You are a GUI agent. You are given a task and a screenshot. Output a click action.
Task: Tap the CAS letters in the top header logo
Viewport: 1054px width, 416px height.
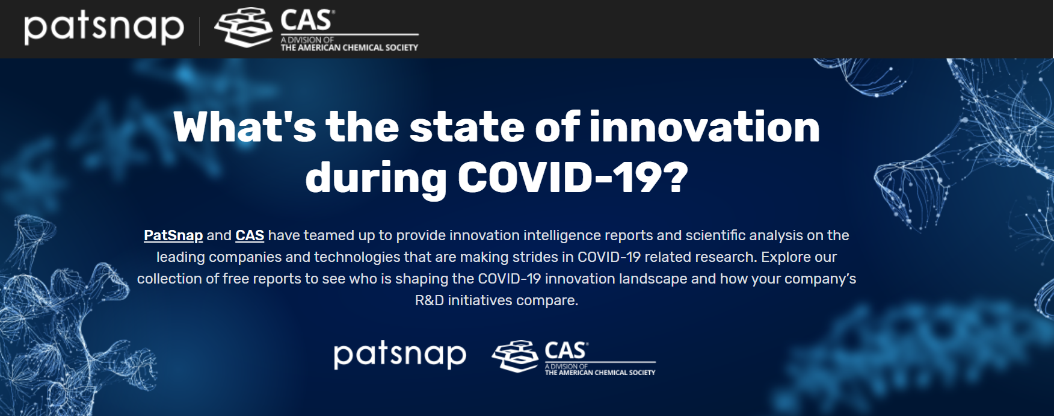307,20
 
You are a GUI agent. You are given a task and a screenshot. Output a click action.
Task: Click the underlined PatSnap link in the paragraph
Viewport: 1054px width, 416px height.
173,235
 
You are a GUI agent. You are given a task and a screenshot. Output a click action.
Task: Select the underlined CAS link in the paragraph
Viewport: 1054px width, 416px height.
250,235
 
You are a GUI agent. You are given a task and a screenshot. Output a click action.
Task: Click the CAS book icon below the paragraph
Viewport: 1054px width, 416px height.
515,356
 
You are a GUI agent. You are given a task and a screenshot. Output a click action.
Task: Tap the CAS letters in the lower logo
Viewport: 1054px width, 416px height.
566,350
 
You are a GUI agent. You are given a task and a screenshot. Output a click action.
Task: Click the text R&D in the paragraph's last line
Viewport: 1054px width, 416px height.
430,300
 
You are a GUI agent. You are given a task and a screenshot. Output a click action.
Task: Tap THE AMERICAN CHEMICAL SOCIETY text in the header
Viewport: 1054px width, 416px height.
349,48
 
